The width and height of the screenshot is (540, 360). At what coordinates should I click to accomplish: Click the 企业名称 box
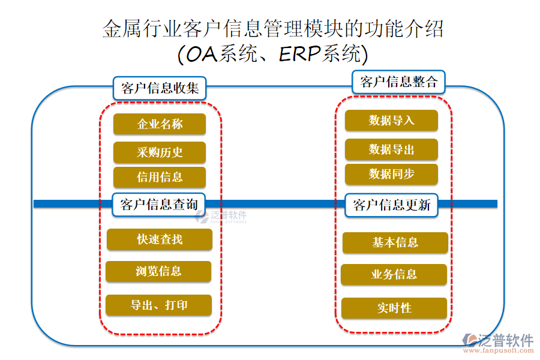tap(159, 124)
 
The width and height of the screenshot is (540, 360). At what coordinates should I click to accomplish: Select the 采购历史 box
tap(159, 152)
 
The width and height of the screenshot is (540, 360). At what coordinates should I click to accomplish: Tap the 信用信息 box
tap(159, 177)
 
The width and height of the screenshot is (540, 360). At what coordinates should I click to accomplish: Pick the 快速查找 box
tap(159, 239)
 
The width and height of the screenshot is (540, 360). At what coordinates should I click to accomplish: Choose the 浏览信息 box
tap(158, 271)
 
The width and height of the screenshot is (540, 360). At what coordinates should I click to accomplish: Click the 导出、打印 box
tap(158, 305)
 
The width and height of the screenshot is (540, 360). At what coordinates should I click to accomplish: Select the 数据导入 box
tap(391, 121)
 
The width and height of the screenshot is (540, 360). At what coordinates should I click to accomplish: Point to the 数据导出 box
tap(391, 149)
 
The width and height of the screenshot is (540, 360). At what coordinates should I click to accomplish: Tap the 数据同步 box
tap(391, 174)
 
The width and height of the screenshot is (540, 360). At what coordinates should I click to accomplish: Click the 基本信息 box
tap(395, 242)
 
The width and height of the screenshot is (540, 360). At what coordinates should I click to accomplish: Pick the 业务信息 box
tap(394, 275)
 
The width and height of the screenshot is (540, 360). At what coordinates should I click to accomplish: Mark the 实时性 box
tap(394, 308)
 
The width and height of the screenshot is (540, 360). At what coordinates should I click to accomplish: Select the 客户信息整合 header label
tap(398, 82)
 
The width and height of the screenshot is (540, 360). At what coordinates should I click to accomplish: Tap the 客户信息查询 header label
tap(159, 204)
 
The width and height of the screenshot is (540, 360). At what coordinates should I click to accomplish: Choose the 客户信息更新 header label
tap(392, 205)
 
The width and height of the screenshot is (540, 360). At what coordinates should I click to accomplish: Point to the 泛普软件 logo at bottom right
tap(499, 340)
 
